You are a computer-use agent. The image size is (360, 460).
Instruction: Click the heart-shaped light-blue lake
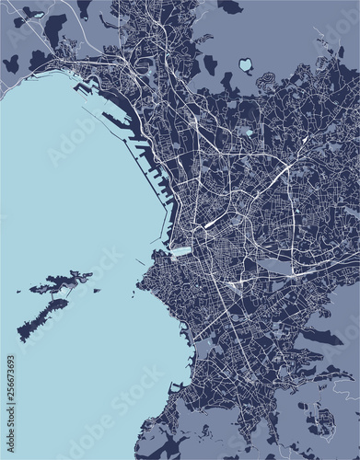[246, 65]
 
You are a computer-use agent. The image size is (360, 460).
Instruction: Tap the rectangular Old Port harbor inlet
[181, 250]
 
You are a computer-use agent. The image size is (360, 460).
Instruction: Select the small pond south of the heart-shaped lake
[247, 132]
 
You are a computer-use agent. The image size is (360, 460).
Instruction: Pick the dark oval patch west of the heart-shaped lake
[209, 65]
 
